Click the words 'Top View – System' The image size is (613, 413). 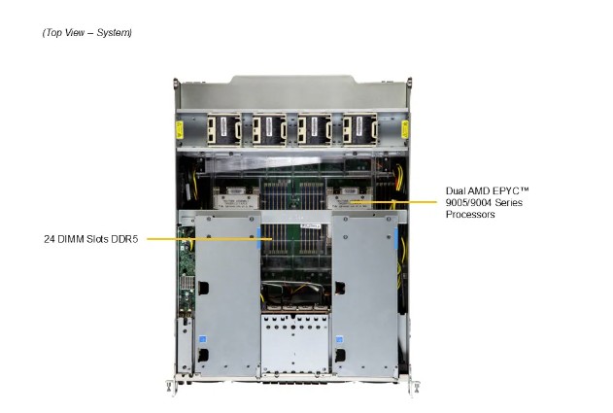point(86,33)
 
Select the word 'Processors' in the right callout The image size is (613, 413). point(470,215)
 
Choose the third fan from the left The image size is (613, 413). point(314,129)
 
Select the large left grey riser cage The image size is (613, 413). point(224,292)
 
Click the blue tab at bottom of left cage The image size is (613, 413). point(203,340)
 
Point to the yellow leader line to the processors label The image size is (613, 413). point(408,202)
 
